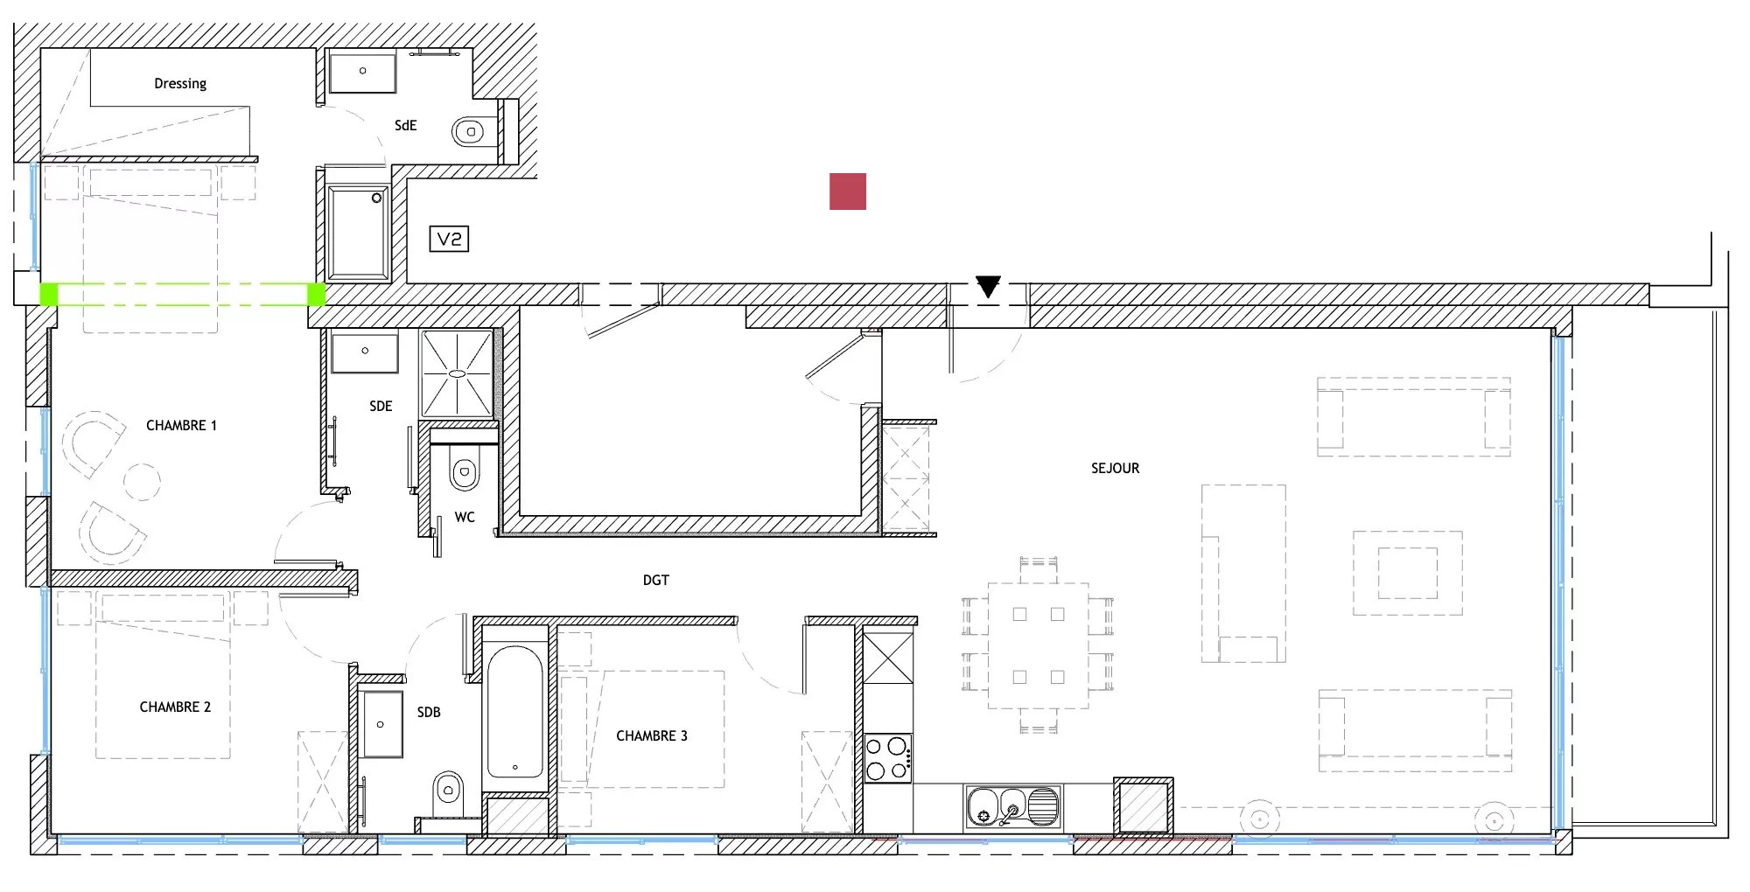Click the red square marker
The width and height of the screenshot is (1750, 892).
pyautogui.click(x=848, y=192)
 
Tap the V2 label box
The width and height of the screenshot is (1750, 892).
pyautogui.click(x=449, y=239)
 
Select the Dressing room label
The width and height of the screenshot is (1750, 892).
pyautogui.click(x=180, y=84)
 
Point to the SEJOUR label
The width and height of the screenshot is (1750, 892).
pyautogui.click(x=1115, y=469)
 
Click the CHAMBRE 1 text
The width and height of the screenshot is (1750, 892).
pyautogui.click(x=181, y=426)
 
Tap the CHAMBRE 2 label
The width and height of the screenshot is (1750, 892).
pyautogui.click(x=175, y=707)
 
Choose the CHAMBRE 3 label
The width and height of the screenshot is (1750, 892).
pyautogui.click(x=652, y=736)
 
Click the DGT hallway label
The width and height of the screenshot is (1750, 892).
pyautogui.click(x=656, y=581)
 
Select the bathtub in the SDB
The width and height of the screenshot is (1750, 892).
pyautogui.click(x=514, y=712)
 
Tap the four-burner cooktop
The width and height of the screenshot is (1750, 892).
pyautogui.click(x=887, y=759)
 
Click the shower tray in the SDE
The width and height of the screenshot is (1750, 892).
pyautogui.click(x=457, y=373)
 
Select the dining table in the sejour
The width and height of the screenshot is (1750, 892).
pyautogui.click(x=1039, y=645)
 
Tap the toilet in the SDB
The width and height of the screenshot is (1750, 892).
pyautogui.click(x=448, y=791)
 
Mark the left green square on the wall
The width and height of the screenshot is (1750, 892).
pyautogui.click(x=49, y=294)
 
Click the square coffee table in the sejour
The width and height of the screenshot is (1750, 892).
pyautogui.click(x=1408, y=574)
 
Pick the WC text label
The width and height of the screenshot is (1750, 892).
pyautogui.click(x=465, y=518)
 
